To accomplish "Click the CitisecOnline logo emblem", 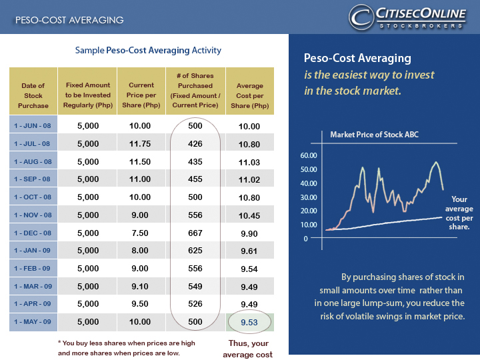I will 361,17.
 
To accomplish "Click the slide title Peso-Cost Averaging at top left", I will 69,20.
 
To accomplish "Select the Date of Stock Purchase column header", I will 33,95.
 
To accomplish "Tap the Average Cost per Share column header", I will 250,95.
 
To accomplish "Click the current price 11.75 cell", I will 141,143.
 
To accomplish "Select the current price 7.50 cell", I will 141,234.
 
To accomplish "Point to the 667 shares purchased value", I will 195,234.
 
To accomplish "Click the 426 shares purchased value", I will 195,143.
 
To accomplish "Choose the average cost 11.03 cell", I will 249,161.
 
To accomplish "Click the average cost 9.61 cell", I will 249,252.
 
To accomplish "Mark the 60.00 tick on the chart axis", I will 310,155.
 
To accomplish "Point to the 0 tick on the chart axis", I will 305,238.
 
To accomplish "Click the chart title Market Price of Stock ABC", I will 375,135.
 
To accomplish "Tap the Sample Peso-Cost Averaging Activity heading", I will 148,51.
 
